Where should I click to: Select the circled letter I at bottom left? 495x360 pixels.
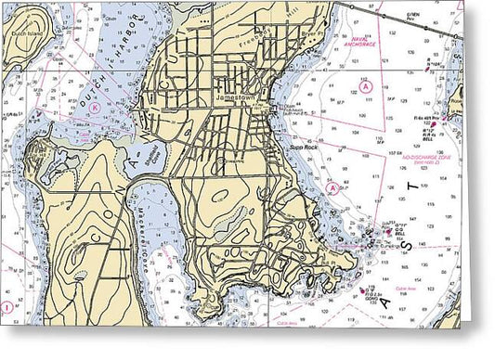(x=7, y=307)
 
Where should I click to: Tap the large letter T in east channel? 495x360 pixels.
(x=412, y=190)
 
